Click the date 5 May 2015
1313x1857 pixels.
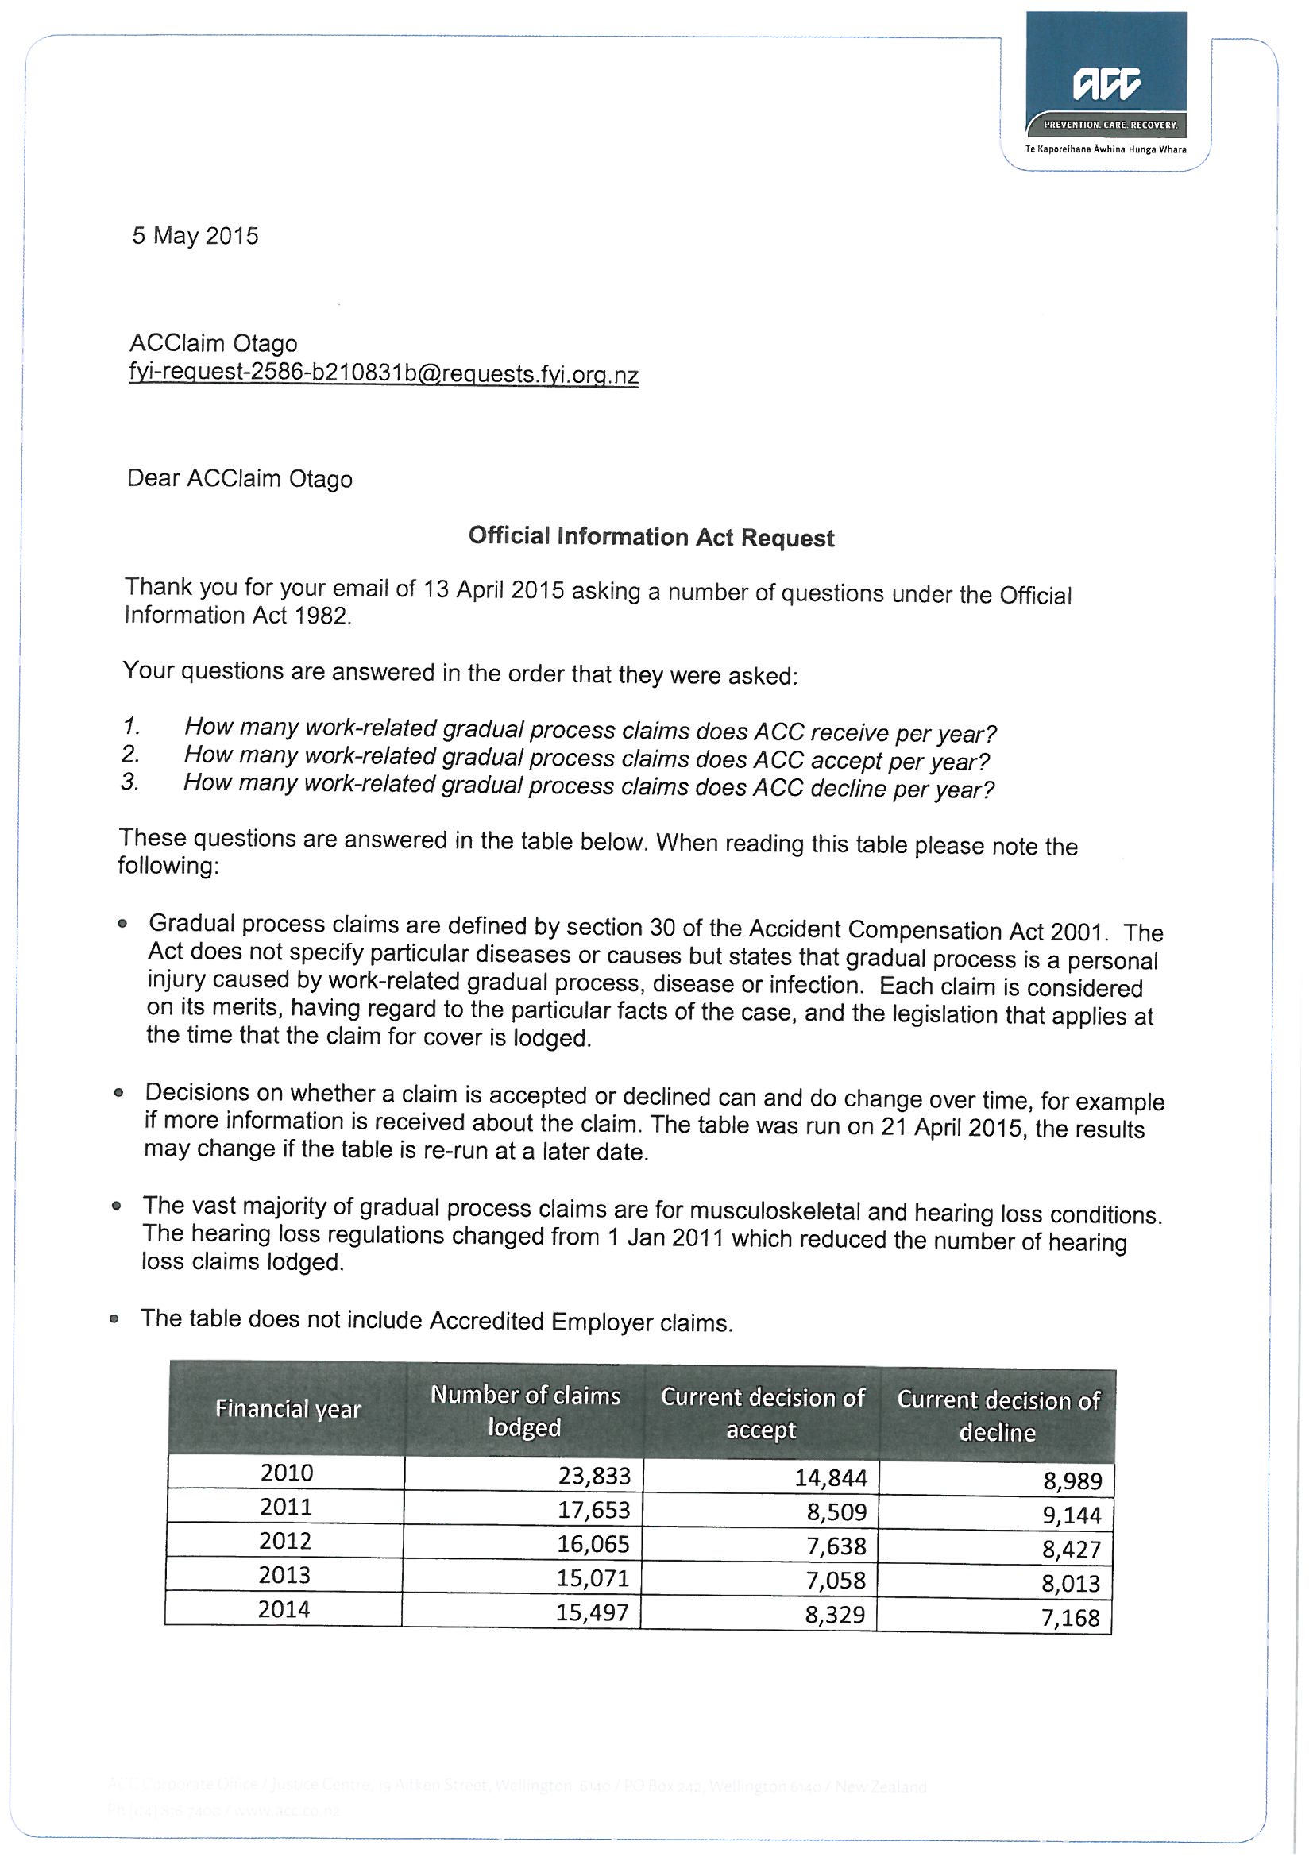pos(195,236)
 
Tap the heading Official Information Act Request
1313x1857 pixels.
pos(651,537)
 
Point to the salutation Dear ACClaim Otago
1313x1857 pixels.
pos(239,479)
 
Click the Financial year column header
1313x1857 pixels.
pos(288,1409)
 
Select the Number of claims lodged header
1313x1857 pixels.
pos(525,1411)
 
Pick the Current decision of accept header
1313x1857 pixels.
pos(762,1413)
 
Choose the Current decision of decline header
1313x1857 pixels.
pos(998,1415)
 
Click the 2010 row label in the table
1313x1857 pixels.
pos(287,1472)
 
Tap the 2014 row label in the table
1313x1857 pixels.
pos(284,1608)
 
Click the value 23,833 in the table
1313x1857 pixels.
pos(594,1476)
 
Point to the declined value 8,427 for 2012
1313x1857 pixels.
pos(1071,1550)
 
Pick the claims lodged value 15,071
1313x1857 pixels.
pos(593,1578)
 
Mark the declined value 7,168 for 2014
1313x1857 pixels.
pos(1070,1618)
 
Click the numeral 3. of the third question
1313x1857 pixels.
pos(130,782)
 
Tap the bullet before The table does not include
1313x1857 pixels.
pos(114,1319)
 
